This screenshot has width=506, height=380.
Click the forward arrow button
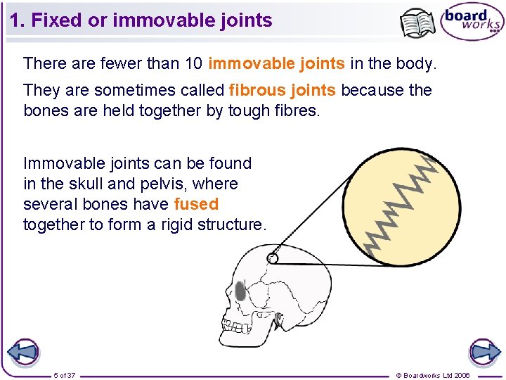(484, 352)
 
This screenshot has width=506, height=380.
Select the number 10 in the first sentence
(193, 64)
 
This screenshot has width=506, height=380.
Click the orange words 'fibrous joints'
(282, 90)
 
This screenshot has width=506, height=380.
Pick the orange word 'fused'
(196, 205)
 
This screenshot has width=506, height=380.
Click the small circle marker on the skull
(273, 258)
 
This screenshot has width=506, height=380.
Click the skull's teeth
(237, 326)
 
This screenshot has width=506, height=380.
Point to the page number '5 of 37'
(65, 375)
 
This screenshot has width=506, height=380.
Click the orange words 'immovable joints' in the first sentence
(276, 64)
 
